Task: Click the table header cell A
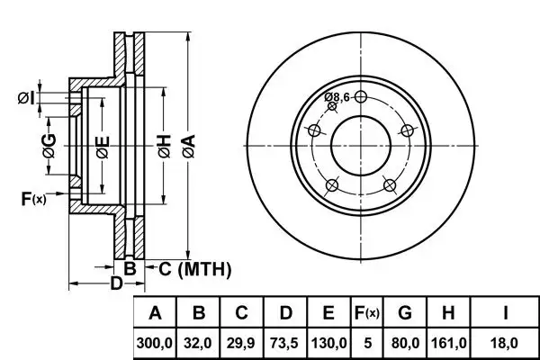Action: coord(155,314)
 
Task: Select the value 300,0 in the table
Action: coord(155,342)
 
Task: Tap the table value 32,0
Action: coord(199,342)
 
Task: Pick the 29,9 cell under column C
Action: coord(242,342)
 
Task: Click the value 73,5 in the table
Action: coord(285,342)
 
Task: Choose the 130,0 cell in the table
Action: coord(328,342)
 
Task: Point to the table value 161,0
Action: coord(449,342)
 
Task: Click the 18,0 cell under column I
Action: coord(507,342)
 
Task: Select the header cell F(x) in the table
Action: coord(366,314)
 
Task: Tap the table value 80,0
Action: coord(406,342)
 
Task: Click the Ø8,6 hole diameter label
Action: coord(338,97)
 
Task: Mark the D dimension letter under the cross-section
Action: coord(115,285)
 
